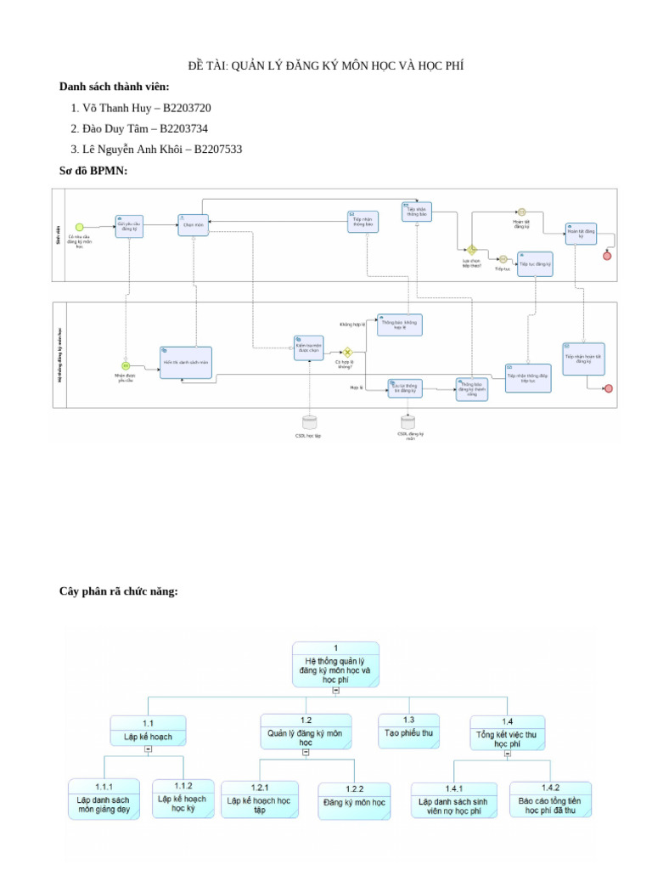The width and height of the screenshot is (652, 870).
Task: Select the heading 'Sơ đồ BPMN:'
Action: point(93,171)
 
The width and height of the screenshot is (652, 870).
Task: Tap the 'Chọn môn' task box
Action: point(193,224)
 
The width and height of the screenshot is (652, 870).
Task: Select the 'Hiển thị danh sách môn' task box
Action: point(186,362)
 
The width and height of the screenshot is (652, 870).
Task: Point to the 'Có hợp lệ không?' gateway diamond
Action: point(347,352)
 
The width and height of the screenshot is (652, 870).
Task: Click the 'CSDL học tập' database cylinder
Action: point(309,421)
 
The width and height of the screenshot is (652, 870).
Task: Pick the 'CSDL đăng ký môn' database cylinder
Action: point(408,421)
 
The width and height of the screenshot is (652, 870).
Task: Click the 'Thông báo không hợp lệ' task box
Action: point(399,325)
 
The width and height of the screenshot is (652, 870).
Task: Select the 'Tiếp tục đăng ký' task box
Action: point(535,264)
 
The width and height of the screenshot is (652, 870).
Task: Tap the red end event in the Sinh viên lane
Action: point(607,256)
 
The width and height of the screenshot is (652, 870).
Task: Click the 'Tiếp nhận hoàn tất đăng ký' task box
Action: point(582,359)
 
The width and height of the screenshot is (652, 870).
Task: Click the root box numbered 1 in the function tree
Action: point(336,663)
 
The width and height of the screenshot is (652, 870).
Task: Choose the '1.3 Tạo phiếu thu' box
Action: point(408,731)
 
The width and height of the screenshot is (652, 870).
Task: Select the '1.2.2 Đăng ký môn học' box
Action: point(354,800)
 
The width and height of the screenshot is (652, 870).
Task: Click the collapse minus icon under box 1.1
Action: point(149,749)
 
